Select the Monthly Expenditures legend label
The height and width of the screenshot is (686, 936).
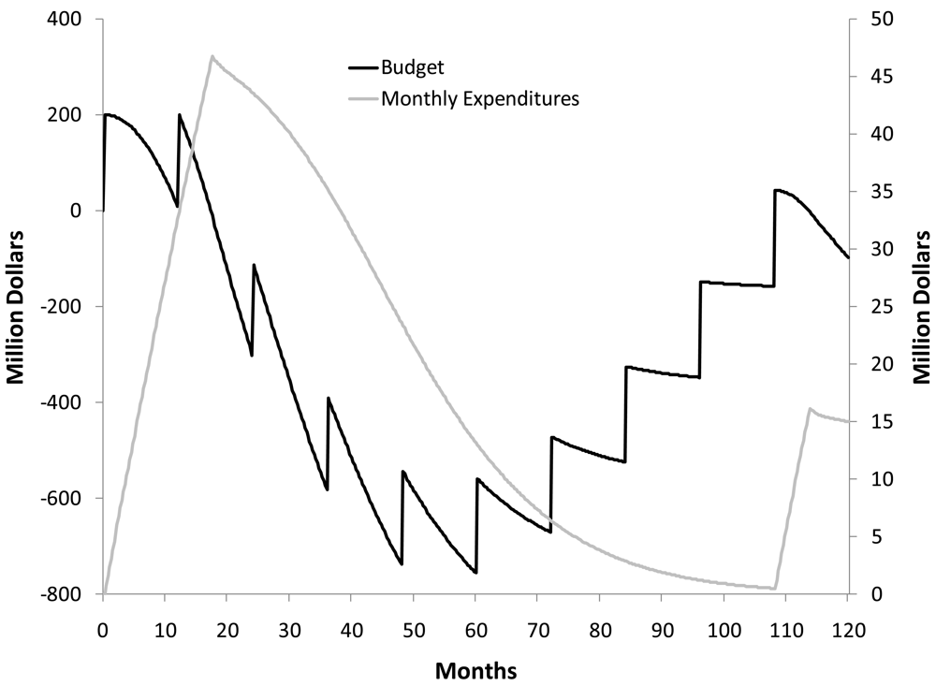(480, 97)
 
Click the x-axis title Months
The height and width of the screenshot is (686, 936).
(475, 670)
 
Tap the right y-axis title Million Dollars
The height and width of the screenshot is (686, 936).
(921, 306)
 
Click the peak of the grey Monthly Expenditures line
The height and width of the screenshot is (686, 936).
(212, 56)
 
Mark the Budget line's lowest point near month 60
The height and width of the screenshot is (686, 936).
(475, 573)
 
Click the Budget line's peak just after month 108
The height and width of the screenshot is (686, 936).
(776, 190)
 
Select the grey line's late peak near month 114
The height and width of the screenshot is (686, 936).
(810, 409)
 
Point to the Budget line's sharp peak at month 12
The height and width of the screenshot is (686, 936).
(179, 115)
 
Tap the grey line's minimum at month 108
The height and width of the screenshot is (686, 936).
(774, 589)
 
